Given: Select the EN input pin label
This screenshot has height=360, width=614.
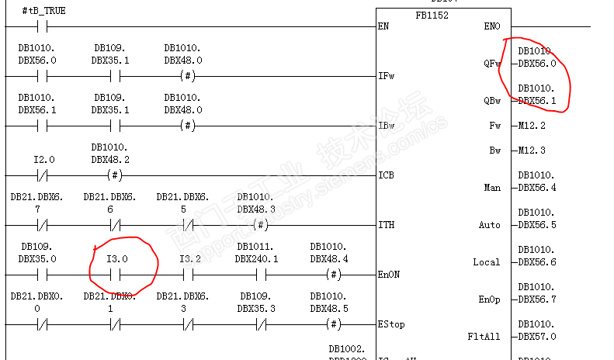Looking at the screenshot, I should pyautogui.click(x=383, y=26).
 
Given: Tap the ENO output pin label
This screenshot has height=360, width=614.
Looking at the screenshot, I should pyautogui.click(x=492, y=26).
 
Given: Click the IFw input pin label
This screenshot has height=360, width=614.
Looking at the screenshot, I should pyautogui.click(x=386, y=76).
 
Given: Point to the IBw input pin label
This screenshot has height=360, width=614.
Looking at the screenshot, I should pyautogui.click(x=386, y=126).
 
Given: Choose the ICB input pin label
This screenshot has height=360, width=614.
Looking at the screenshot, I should pyautogui.click(x=385, y=175).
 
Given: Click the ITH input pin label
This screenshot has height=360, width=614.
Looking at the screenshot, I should pyautogui.click(x=385, y=225).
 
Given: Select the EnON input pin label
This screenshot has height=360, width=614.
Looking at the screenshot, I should pyautogui.click(x=388, y=275).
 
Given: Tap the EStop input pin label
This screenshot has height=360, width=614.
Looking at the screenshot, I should pyautogui.click(x=390, y=324).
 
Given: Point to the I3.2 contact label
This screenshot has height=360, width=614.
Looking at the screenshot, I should pyautogui.click(x=190, y=258).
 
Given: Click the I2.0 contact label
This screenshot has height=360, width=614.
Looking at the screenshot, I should pyautogui.click(x=43, y=159).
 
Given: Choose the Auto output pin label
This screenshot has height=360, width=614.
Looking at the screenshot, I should pyautogui.click(x=490, y=225).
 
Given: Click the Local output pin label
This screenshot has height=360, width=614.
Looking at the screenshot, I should pyautogui.click(x=487, y=262).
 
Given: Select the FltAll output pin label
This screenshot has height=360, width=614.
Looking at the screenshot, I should pyautogui.click(x=484, y=337).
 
